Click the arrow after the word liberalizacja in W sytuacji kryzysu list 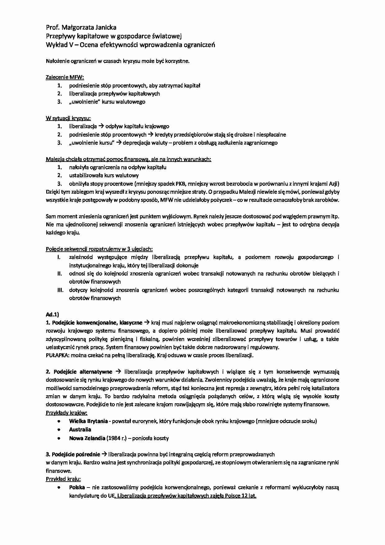[101, 126]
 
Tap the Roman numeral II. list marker [60, 274]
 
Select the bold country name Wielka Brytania [88, 421]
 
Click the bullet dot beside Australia [59, 430]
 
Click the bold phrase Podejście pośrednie [76, 454]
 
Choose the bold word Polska [77, 488]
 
